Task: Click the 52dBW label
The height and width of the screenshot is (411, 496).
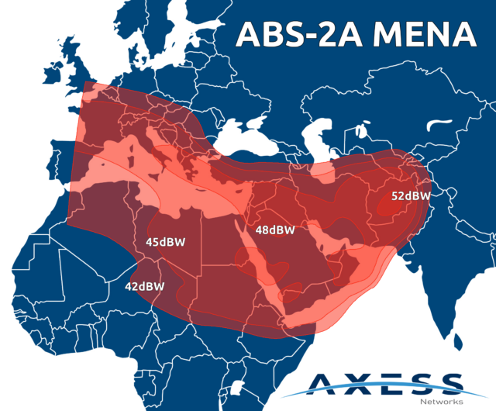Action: [x=410, y=196]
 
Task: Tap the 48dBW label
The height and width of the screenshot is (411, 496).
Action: [x=275, y=230]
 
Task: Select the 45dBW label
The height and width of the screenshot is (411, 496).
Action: [x=165, y=242]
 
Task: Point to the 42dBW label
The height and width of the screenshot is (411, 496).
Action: [x=144, y=286]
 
